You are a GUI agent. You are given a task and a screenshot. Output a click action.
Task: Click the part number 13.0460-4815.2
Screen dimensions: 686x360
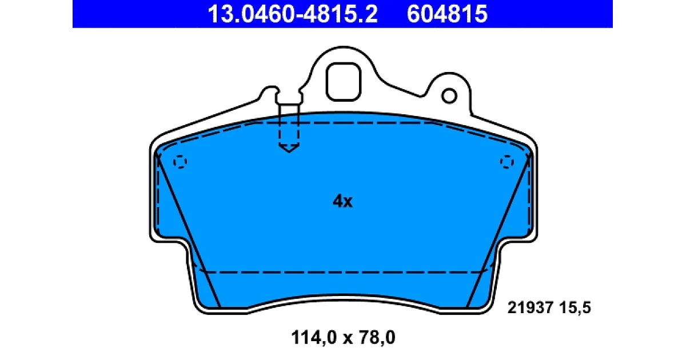(x=293, y=14)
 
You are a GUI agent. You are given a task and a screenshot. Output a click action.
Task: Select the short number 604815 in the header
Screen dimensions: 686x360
(x=447, y=14)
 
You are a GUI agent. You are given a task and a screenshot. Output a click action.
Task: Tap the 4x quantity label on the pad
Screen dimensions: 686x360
(x=342, y=201)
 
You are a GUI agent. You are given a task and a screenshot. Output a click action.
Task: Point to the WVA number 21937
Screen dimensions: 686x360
(x=531, y=307)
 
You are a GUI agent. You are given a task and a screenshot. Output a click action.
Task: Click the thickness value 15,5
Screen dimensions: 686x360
(x=575, y=307)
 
